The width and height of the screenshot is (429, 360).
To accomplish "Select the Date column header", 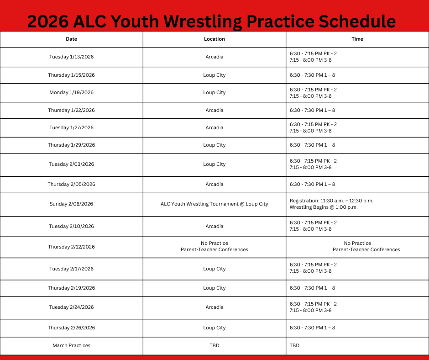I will [72, 39].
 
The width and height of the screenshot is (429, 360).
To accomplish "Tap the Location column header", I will [214, 39].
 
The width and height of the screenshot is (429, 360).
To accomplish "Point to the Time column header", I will [357, 39].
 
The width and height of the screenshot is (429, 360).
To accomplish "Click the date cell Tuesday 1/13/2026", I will [72, 57].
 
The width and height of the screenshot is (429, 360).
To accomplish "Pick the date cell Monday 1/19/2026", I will [72, 93].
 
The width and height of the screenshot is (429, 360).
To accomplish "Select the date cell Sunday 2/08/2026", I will [72, 204].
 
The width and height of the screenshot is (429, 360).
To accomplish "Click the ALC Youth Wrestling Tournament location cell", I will [214, 204].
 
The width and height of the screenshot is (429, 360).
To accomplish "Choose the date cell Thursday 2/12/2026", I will [72, 247].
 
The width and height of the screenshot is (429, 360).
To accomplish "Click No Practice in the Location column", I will [214, 244].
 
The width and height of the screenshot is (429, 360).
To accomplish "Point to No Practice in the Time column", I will [357, 244].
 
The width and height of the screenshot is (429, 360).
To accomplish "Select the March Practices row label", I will [72, 346].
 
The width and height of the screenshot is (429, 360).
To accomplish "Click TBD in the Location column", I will [214, 346].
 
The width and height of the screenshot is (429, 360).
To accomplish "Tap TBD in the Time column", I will [295, 346].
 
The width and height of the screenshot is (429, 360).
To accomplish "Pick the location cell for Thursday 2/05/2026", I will [214, 185].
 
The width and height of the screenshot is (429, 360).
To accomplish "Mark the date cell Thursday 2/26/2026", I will [72, 328].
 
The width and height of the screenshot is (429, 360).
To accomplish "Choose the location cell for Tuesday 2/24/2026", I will [214, 307].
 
